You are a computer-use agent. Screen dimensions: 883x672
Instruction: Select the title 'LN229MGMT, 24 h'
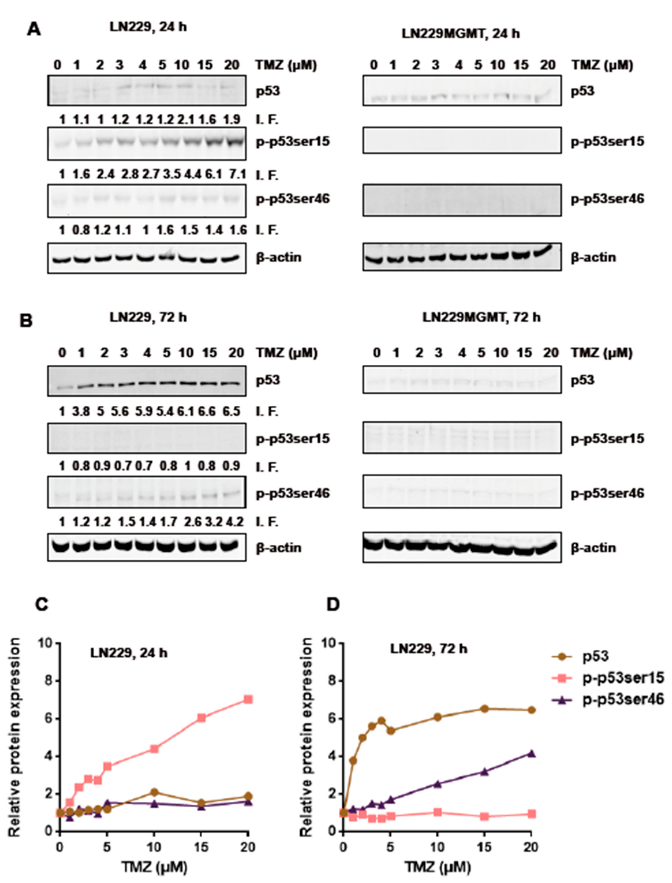pyautogui.click(x=460, y=33)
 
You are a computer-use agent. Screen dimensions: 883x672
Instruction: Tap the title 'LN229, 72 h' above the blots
pyautogui.click(x=148, y=317)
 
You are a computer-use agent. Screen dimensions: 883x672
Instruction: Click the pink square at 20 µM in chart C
pyautogui.click(x=248, y=699)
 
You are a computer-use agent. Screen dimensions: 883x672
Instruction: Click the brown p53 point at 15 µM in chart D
pyautogui.click(x=484, y=708)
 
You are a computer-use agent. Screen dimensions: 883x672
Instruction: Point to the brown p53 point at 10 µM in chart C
pyautogui.click(x=154, y=792)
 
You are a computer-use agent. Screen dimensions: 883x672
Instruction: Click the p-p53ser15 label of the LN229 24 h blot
pyautogui.click(x=293, y=142)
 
